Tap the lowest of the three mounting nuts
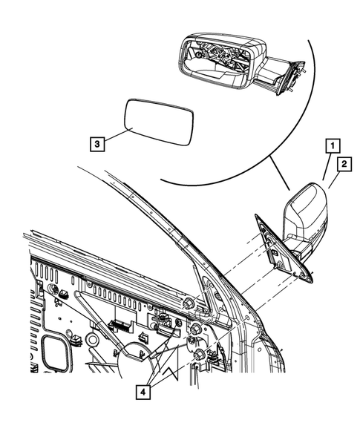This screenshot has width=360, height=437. tap(200, 356)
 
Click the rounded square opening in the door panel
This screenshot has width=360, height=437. tap(55, 353)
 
